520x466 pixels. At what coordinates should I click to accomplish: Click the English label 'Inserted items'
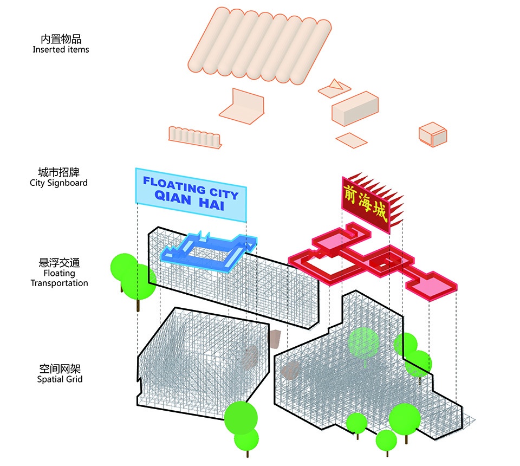pos(61,50)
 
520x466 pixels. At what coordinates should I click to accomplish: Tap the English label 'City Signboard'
pos(58,183)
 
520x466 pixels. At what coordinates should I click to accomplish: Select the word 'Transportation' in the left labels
pos(60,283)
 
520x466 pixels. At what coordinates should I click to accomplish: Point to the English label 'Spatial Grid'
pos(60,379)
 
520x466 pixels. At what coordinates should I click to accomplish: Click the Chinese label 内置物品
pos(61,39)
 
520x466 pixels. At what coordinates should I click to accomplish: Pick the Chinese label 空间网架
pos(60,369)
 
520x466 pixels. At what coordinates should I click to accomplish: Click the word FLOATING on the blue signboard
pos(174,185)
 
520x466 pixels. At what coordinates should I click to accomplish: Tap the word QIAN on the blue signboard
pos(173,197)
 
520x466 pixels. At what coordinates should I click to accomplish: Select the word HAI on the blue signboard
pos(212,203)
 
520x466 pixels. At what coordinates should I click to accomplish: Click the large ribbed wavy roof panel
pos(259,46)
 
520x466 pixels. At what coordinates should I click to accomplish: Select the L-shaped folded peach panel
pos(242,107)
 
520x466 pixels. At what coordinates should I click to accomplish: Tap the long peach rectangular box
pos(355,108)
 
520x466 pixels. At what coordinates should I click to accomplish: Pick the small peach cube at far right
pos(433,135)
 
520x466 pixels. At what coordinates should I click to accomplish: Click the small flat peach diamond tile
pos(352,140)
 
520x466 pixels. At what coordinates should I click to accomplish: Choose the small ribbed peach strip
pos(195,137)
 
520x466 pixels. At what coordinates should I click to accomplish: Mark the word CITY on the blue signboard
pos(224,192)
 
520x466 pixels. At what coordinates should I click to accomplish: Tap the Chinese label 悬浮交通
pos(60,263)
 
